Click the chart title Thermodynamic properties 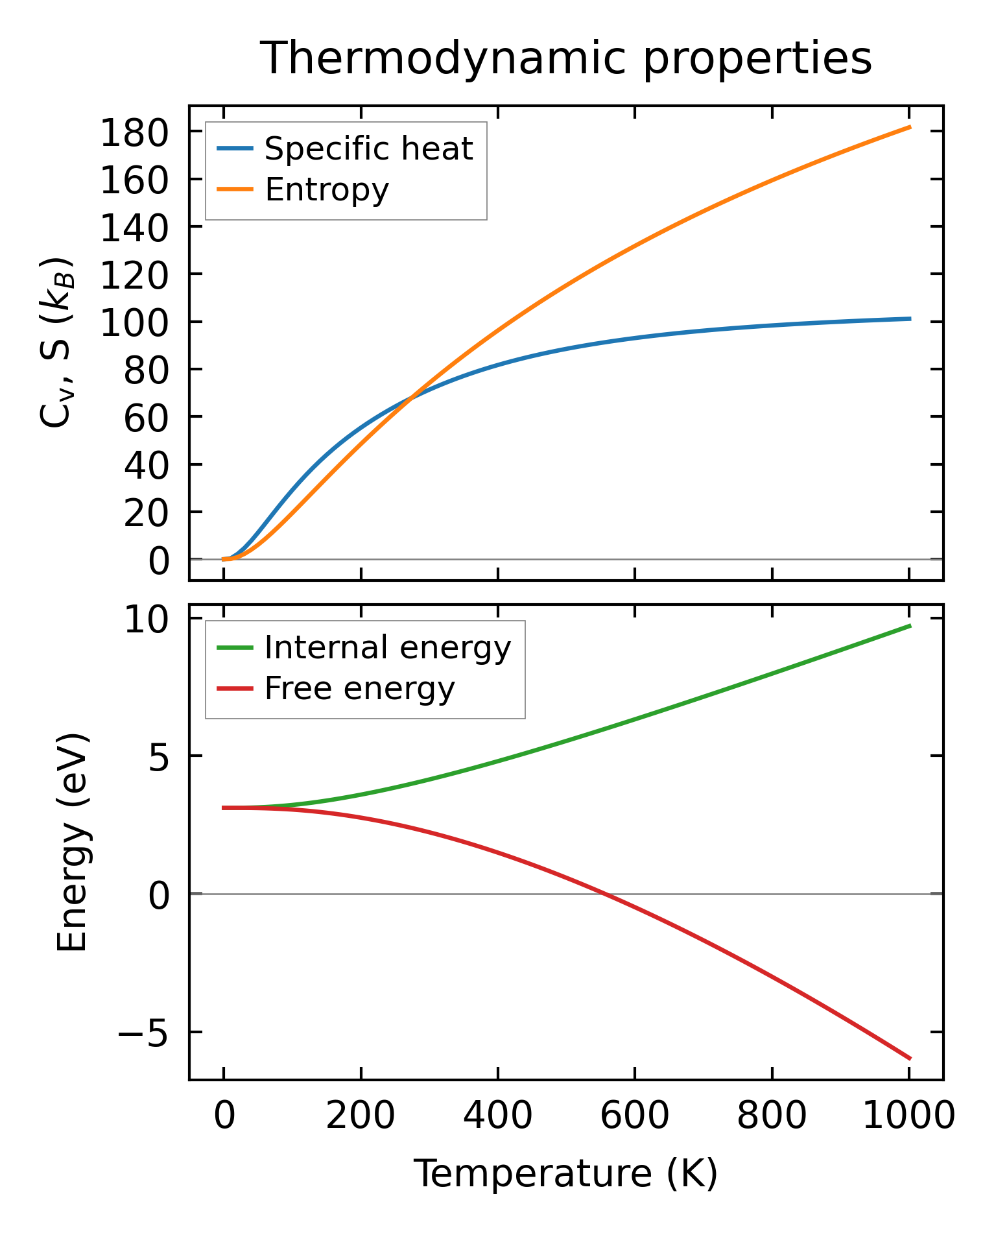[565, 58]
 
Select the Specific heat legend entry [368, 149]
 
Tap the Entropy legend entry [327, 190]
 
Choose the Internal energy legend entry [388, 647]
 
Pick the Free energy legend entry [360, 688]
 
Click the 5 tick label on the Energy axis [158, 757]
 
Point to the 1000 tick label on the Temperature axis [908, 1117]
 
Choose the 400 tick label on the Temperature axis [497, 1117]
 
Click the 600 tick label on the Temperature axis [634, 1117]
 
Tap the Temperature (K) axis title [565, 1174]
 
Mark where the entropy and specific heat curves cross [410, 398]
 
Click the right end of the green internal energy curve [910, 625]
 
